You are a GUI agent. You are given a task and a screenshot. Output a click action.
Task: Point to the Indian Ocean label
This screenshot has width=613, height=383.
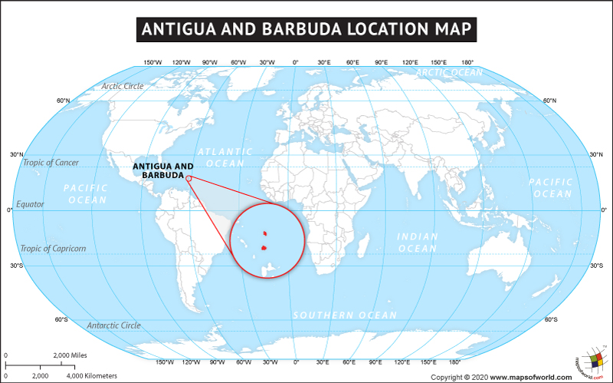[x=417, y=243]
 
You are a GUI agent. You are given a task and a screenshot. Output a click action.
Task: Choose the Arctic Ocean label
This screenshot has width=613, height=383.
[x=449, y=73]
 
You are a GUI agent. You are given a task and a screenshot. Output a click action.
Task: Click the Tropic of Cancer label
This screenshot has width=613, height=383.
[x=51, y=163]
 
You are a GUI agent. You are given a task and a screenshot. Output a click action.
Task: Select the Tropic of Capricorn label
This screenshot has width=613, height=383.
[x=54, y=248]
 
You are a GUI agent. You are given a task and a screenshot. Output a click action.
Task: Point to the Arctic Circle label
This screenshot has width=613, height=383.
[x=123, y=86]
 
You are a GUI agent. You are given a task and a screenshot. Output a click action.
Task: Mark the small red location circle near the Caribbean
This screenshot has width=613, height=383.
[x=188, y=177]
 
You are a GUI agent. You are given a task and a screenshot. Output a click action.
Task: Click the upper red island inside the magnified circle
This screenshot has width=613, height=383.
[x=264, y=233]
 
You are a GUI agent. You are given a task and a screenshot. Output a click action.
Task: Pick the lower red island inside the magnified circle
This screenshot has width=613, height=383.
[x=264, y=248]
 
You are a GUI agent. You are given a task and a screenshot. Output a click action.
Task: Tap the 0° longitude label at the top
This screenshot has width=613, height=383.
[x=296, y=62]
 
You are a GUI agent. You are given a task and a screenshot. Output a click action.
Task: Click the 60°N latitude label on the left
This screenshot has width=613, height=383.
[x=63, y=101]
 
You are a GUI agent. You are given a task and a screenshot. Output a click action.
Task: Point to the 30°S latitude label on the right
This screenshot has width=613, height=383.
[x=596, y=266]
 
